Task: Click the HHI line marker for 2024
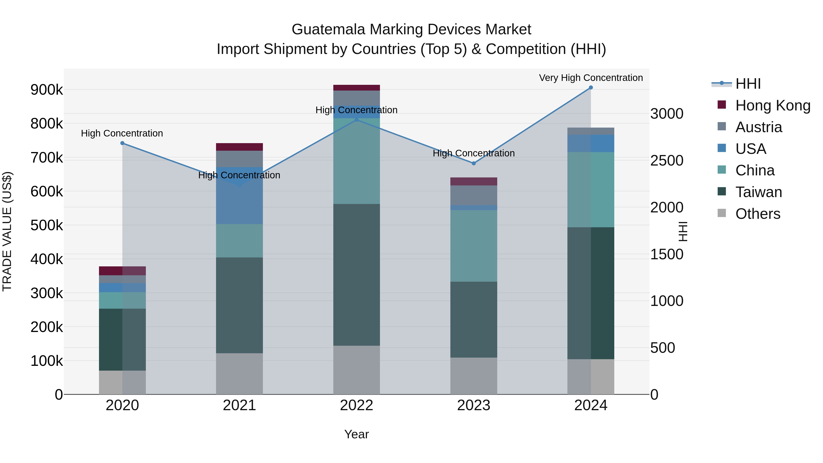tap(591, 88)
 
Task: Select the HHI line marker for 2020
tap(122, 143)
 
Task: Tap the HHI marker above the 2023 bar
tap(474, 163)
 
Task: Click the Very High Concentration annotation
tap(591, 78)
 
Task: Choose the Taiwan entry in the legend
tap(759, 192)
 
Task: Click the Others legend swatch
tap(722, 213)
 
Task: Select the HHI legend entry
tap(748, 84)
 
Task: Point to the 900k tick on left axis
tap(47, 90)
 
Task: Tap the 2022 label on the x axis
tap(357, 405)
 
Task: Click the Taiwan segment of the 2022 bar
tap(357, 275)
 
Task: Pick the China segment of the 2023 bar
tap(474, 246)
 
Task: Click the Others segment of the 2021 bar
tap(239, 374)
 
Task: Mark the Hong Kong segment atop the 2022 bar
tap(357, 88)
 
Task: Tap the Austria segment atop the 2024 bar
tap(591, 131)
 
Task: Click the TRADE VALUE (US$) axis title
tap(7, 231)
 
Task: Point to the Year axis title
tap(357, 434)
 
